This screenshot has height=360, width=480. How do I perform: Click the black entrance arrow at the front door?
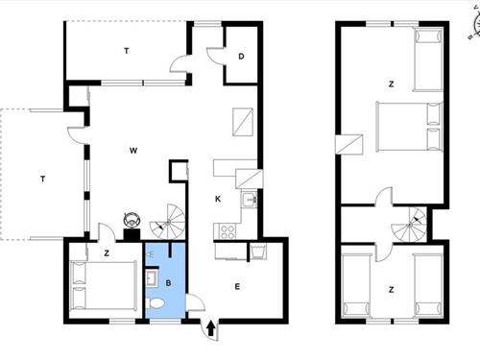coord(211,328)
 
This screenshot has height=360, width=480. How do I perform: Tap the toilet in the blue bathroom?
coord(155,302)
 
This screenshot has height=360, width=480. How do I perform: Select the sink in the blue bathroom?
coord(152,278)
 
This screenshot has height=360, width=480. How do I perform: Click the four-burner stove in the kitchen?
coord(227,231)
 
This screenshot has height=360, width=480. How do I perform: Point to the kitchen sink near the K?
coord(250,200)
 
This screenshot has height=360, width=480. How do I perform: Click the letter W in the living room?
coord(133,151)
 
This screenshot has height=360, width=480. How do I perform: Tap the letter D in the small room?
coord(241,57)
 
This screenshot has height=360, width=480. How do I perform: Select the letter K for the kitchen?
coord(218,199)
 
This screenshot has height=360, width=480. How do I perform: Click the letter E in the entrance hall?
coord(237,287)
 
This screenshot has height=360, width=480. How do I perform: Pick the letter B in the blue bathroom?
coord(168,283)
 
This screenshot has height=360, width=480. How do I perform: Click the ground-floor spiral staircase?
coord(168,222)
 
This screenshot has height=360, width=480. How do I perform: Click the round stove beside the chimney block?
coord(132,220)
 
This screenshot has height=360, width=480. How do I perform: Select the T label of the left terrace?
coord(43,179)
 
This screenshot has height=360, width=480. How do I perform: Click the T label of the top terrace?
coord(127,51)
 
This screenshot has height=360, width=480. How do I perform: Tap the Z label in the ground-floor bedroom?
coord(107,253)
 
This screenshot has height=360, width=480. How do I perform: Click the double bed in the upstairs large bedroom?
coord(409,127)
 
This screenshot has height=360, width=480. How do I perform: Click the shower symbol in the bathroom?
coord(150,253)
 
